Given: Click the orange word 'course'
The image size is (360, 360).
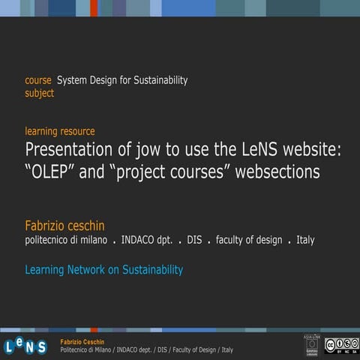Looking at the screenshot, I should coord(38,80).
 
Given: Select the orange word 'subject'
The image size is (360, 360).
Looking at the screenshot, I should coord(40,94).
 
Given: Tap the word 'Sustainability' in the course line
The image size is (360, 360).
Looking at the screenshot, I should coord(159,80).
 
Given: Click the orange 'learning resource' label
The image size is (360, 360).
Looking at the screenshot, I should coord(60,131).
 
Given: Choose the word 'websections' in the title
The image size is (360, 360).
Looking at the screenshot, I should coord(277,172).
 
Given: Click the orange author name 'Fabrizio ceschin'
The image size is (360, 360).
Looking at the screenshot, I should coord(65,225).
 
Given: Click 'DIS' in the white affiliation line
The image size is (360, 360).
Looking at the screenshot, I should coord(195,240).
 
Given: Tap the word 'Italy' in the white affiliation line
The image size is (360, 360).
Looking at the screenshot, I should coord(305,240).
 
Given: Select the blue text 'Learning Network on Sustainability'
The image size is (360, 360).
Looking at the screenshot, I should coord(103,269).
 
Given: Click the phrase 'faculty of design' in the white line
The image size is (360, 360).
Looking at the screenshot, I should coord(249,240).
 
